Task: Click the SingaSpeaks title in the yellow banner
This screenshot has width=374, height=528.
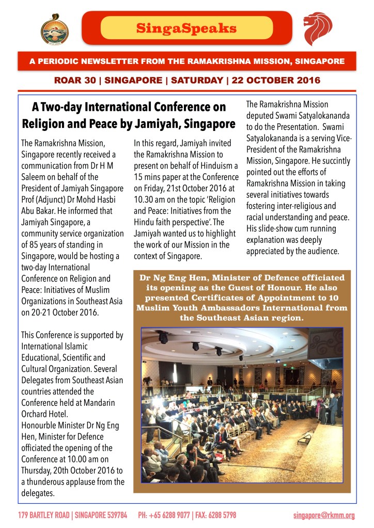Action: click(x=186, y=28)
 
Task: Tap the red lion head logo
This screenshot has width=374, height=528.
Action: click(x=318, y=29)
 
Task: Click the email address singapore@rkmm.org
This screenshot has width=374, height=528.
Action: click(x=324, y=515)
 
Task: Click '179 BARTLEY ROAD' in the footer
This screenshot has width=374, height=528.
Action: click(x=43, y=515)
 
